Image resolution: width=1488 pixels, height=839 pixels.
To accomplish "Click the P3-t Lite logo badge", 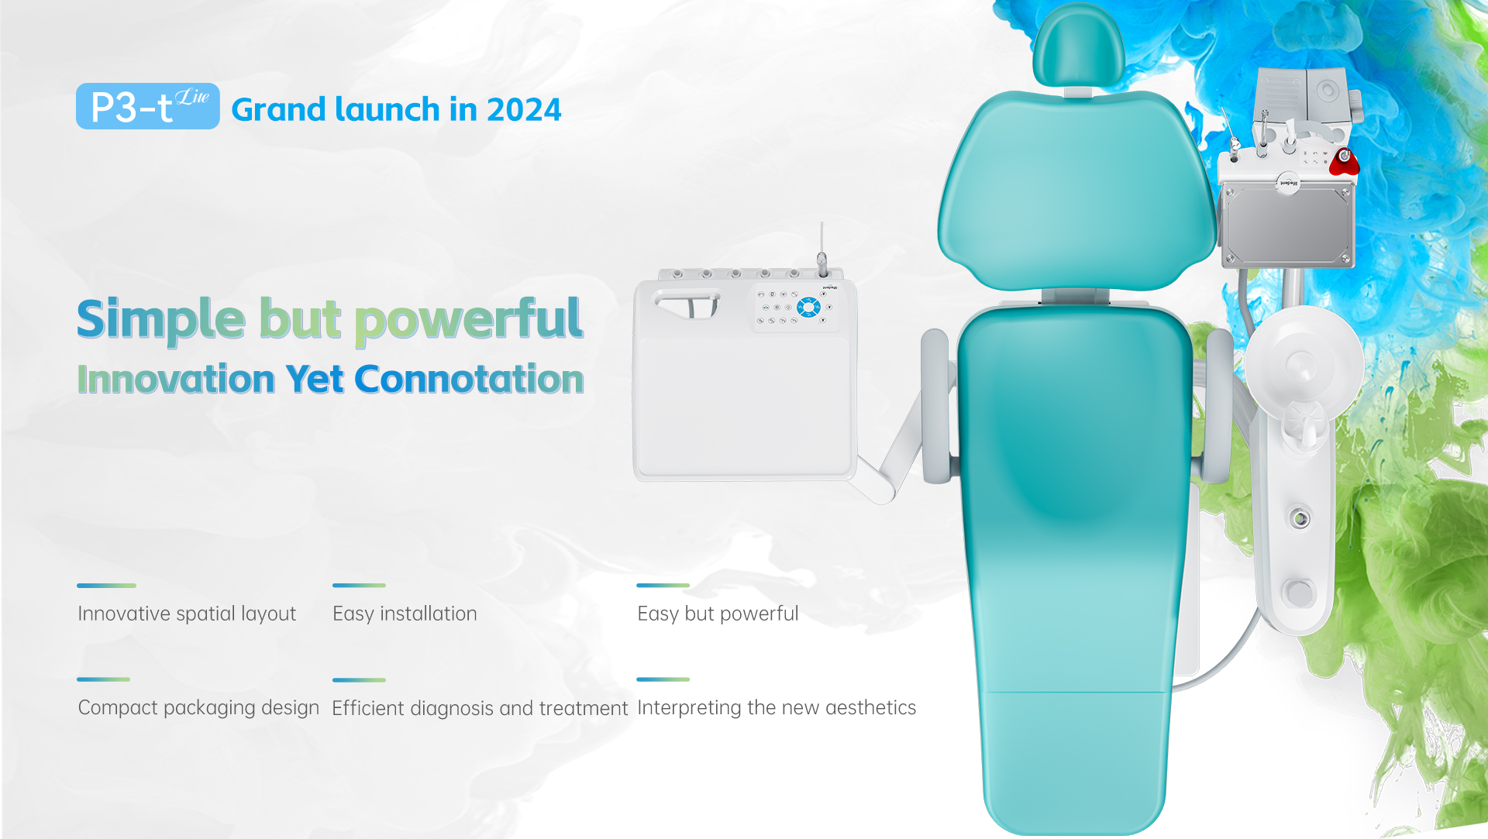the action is (147, 106).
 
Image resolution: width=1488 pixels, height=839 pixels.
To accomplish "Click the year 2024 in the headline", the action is (524, 110).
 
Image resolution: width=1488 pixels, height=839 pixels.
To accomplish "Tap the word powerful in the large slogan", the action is (469, 319).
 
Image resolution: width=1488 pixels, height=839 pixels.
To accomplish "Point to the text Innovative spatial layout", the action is (187, 614).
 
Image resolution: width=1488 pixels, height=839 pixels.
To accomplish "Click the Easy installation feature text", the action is (405, 614).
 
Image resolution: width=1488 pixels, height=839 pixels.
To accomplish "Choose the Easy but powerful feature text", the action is (718, 614).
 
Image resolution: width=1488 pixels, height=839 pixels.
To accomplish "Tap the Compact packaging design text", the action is (198, 707).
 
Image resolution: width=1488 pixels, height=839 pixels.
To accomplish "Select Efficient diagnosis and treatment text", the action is (480, 708).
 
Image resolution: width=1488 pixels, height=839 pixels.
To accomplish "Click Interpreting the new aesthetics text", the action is (777, 707).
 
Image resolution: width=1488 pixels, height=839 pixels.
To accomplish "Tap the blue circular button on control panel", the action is (809, 308).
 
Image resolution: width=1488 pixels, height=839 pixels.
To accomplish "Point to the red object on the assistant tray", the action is (1345, 161).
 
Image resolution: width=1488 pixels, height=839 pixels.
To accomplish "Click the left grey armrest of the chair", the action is (936, 406).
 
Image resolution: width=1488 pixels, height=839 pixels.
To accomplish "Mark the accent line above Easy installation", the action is (359, 586).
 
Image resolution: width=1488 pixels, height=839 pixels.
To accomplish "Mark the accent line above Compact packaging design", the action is (104, 679).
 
